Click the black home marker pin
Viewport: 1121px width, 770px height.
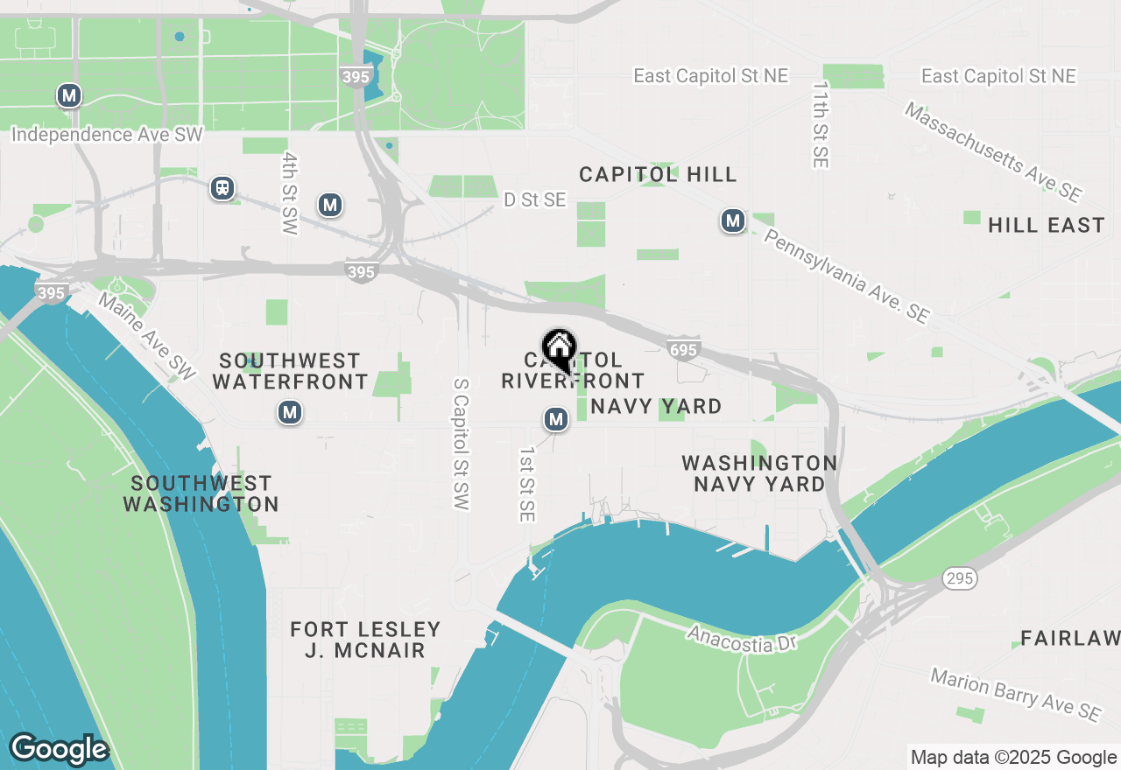(x=559, y=350)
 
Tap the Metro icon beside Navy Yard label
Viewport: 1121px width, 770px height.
(x=555, y=420)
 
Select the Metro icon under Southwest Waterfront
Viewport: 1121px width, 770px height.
(x=290, y=412)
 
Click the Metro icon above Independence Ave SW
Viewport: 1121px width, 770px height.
(x=69, y=95)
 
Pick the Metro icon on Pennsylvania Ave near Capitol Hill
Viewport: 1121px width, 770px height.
(x=733, y=221)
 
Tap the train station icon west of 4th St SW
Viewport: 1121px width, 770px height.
(x=223, y=188)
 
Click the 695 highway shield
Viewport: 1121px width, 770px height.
(x=683, y=349)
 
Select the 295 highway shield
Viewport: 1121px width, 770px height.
(x=960, y=577)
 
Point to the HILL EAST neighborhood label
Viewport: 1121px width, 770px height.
(x=1046, y=226)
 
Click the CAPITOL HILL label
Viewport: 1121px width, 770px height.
(x=658, y=175)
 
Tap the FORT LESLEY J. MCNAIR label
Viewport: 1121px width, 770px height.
(x=365, y=640)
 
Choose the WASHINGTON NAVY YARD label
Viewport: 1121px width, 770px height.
(x=759, y=473)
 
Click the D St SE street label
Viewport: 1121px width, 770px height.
(x=534, y=200)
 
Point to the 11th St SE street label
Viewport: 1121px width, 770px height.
(x=820, y=125)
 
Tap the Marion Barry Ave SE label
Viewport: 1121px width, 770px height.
(x=1015, y=695)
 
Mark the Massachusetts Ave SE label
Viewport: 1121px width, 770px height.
(x=993, y=152)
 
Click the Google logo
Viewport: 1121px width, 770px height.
(x=59, y=750)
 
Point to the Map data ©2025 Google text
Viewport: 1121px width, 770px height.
(x=1013, y=758)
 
